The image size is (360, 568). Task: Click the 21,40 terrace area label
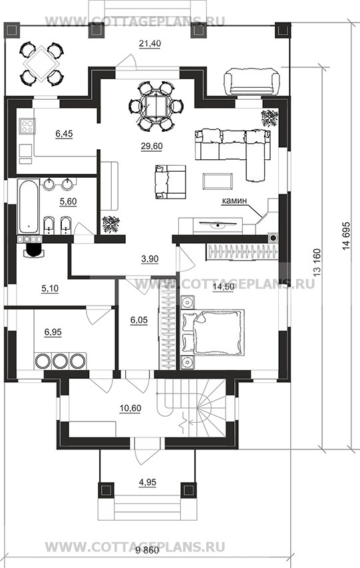coord(150,44)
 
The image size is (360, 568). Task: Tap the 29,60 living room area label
coord(152,146)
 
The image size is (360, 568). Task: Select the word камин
coord(234,200)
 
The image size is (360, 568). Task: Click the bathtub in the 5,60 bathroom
coord(28,206)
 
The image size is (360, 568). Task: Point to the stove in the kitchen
coord(27,126)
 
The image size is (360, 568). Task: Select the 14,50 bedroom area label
coord(224,287)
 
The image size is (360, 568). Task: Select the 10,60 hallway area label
coord(130,408)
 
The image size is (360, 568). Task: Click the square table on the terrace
coord(41,63)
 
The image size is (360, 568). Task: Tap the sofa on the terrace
coord(253,82)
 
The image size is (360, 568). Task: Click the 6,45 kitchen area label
coord(64,134)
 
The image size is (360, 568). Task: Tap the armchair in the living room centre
coord(170,182)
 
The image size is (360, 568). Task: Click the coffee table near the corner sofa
coord(218,180)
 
